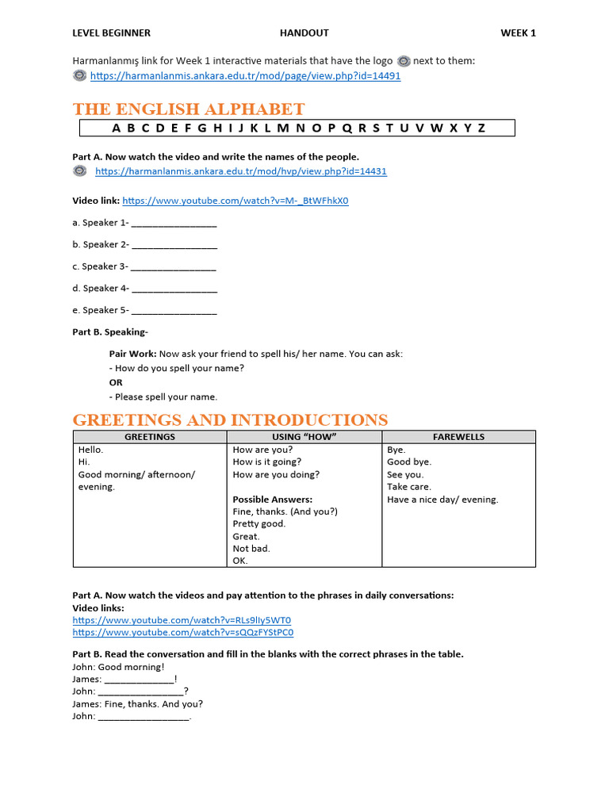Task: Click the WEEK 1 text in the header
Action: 518,33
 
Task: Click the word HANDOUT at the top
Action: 304,33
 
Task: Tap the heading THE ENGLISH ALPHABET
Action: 189,109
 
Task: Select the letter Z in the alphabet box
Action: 481,128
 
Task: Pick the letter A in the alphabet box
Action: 117,128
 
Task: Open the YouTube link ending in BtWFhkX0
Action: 236,201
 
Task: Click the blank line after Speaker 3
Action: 173,267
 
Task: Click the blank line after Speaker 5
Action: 173,311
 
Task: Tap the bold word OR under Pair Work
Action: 116,382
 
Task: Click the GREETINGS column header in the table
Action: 150,437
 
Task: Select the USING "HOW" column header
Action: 304,437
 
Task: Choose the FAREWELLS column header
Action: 458,437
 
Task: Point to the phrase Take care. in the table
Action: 409,487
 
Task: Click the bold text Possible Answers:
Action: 273,500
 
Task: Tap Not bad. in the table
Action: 251,549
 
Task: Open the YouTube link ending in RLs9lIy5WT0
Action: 182,620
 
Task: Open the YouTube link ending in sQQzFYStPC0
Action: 182,633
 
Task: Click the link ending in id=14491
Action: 245,76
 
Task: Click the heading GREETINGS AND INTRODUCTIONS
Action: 231,420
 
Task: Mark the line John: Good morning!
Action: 118,667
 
